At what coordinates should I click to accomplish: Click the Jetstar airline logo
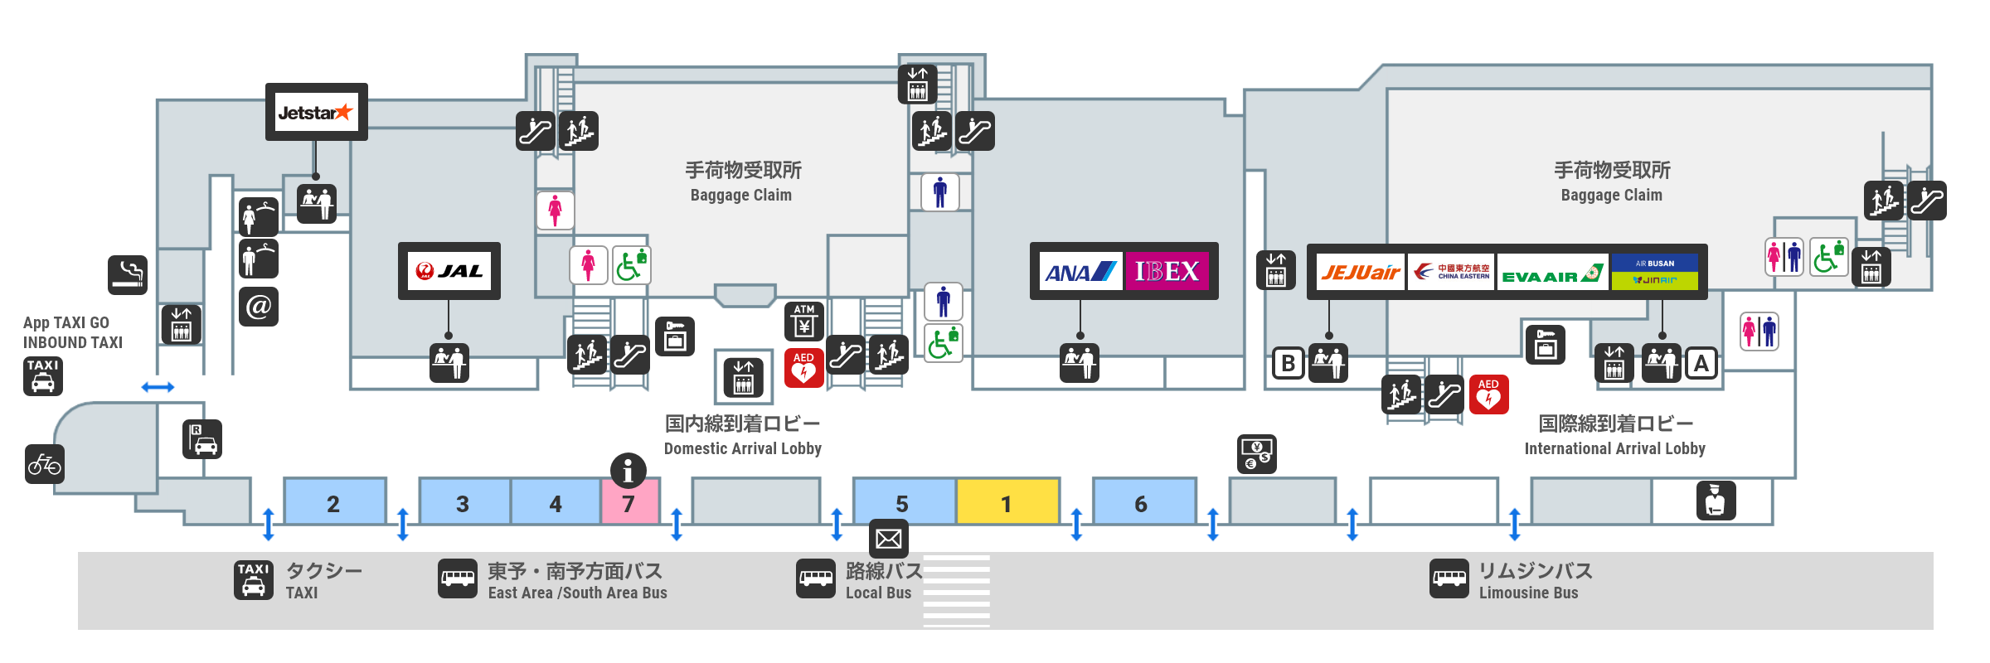point(315,113)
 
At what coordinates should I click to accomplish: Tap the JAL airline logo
point(449,271)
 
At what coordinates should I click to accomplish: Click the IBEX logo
point(1166,271)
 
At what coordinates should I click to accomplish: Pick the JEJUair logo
point(1360,273)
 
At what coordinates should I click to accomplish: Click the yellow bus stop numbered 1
point(1007,504)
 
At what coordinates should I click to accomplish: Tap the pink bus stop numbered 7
point(629,504)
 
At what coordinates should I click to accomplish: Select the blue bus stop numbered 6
point(1142,504)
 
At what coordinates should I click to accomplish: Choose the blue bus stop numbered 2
point(333,504)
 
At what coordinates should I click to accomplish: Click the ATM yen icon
point(803,321)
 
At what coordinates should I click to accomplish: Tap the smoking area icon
point(128,274)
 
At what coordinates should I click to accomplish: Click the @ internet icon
point(258,307)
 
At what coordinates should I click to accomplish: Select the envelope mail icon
point(888,539)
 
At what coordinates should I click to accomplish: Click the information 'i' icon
point(628,471)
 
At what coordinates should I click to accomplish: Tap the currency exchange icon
point(1256,454)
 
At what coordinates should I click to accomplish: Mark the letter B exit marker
point(1288,363)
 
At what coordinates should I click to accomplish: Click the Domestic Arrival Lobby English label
point(743,449)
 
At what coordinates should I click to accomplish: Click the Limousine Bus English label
point(1528,593)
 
